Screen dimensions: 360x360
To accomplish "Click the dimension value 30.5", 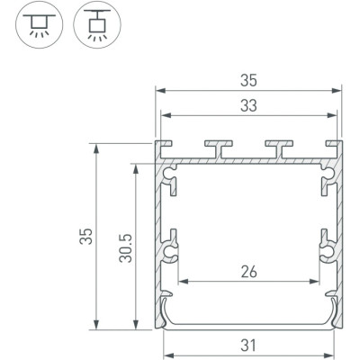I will click(x=125, y=242).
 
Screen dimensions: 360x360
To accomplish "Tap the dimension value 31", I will click(x=249, y=343).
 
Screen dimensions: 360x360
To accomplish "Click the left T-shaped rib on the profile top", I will click(x=218, y=145).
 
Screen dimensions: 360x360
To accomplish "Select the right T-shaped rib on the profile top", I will click(x=280, y=145).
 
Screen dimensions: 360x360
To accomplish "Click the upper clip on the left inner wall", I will click(x=169, y=184).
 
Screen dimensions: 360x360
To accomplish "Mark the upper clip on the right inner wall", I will click(x=328, y=184).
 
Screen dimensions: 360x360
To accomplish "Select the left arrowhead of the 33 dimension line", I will click(x=164, y=114).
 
